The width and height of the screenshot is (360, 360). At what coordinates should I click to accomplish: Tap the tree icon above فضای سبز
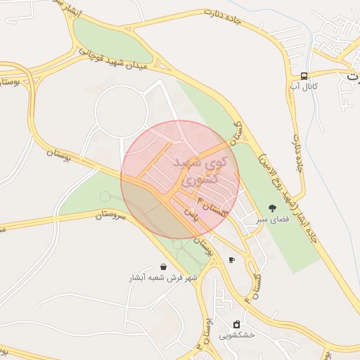coord(272,207)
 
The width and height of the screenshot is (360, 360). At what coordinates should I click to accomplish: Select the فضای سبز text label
coord(269,219)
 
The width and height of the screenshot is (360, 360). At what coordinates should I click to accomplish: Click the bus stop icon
coord(304,76)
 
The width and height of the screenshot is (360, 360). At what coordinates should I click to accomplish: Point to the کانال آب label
coord(304,86)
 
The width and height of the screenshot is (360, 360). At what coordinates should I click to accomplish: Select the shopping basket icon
coord(164,267)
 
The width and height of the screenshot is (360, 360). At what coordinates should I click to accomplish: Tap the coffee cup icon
coord(232,260)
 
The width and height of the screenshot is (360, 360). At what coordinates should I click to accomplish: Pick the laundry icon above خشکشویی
coord(236,324)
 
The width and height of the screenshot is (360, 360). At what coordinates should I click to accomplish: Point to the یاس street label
coord(190,213)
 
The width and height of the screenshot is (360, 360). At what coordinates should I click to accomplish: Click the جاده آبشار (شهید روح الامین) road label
coord(288,197)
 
